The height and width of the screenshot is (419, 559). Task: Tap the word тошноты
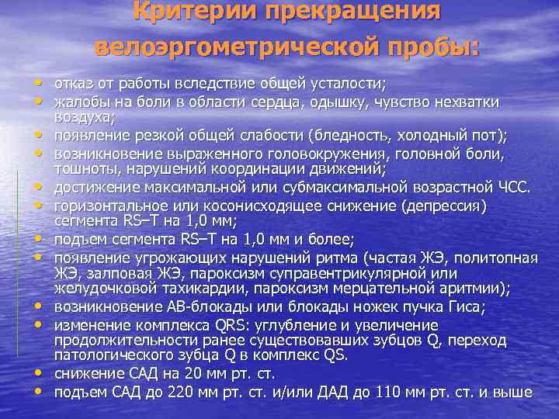tap(82, 171)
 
